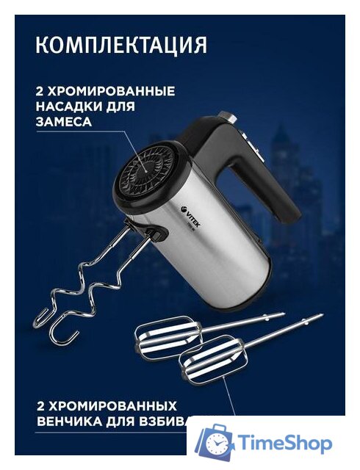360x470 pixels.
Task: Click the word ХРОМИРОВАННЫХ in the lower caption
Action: [x=113, y=405]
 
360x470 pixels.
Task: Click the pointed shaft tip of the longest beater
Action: [x=320, y=317]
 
